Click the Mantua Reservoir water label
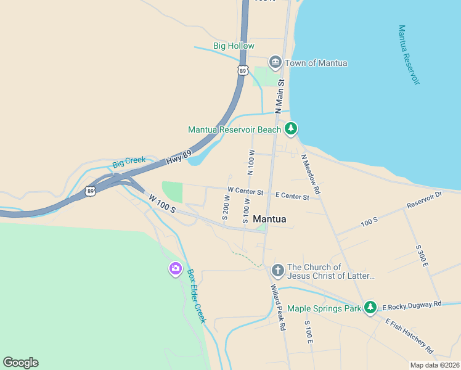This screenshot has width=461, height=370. [409, 55]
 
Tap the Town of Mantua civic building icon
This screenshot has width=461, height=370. [275, 62]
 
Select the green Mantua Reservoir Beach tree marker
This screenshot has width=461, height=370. [291, 129]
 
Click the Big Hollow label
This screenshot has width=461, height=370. [229, 46]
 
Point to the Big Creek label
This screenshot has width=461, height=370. [129, 162]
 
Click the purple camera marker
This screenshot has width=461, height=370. [176, 268]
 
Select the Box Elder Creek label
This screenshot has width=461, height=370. [196, 296]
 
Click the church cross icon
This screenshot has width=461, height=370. [277, 270]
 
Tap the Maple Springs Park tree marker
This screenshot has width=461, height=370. [370, 307]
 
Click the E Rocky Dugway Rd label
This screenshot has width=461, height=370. [412, 305]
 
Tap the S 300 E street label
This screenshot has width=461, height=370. [422, 256]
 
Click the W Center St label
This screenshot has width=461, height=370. [245, 191]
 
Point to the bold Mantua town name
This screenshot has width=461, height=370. [269, 219]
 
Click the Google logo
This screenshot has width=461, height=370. [20, 363]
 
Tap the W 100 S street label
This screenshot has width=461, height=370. [162, 204]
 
